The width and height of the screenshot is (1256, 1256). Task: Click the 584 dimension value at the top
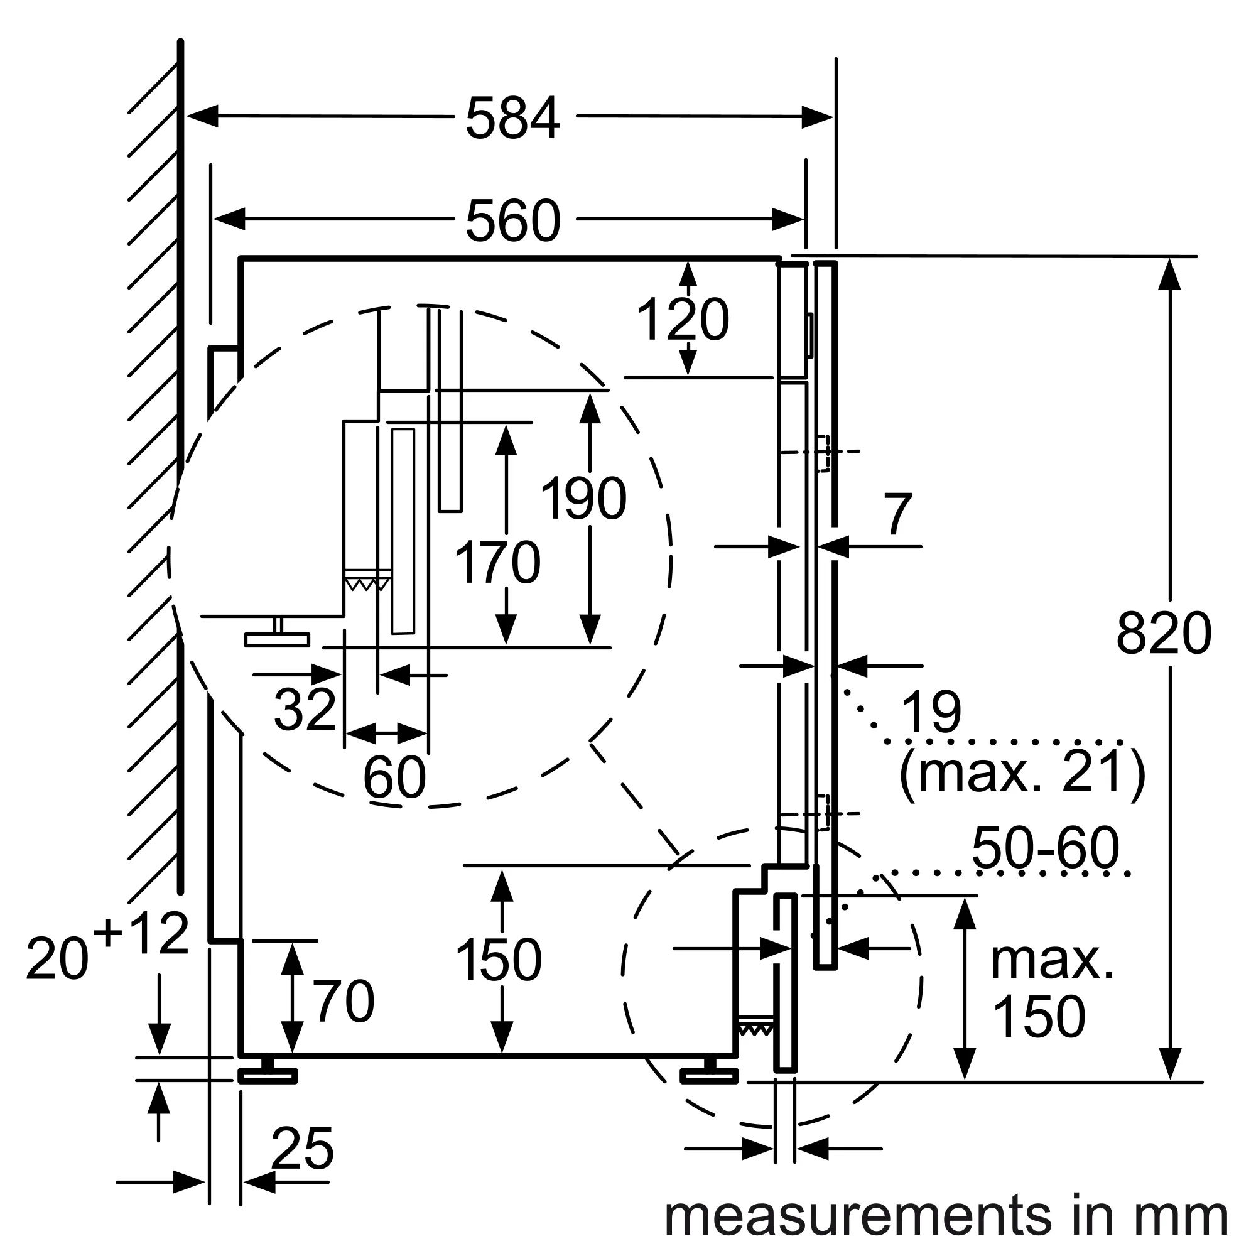click(512, 118)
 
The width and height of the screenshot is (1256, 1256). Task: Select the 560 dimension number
click(512, 221)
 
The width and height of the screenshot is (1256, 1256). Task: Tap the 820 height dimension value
click(1164, 634)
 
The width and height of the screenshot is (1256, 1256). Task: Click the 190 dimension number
click(583, 499)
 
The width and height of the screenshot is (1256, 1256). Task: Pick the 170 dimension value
click(497, 563)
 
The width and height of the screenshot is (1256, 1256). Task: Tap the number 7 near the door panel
click(898, 515)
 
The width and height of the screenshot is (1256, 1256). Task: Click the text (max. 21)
click(1021, 772)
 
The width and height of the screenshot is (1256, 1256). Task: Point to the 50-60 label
click(1046, 848)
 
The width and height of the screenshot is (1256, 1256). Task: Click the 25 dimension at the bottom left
click(302, 1149)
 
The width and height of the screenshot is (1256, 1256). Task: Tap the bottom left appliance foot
click(267, 1076)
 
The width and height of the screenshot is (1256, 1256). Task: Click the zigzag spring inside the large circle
click(367, 584)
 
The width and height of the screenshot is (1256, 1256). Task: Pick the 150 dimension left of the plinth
click(499, 960)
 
